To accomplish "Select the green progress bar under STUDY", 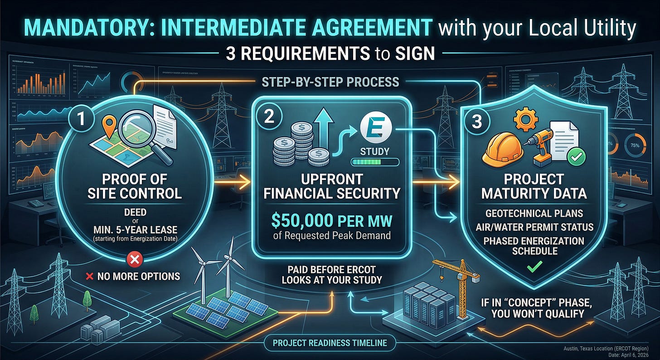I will coord(374,162).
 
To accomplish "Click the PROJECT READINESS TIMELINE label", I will coord(330,343).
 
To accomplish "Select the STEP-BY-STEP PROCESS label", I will coord(330,82).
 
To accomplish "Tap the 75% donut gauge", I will coord(635,145).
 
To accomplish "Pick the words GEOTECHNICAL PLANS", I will coord(533,213).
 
